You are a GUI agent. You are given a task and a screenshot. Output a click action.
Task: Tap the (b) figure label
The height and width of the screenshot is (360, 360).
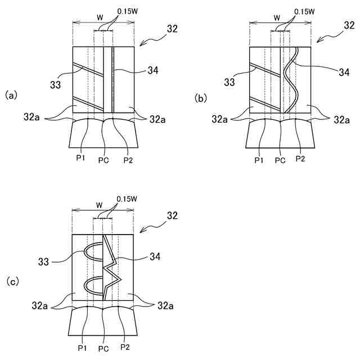coord(201,97)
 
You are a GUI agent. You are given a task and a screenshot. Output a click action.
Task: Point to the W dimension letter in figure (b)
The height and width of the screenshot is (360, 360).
coord(277,17)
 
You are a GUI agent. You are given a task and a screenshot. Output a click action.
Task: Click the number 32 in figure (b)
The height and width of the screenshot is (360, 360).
coord(349,26)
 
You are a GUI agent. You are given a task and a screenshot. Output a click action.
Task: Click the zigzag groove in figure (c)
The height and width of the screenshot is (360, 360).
coord(113,264)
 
